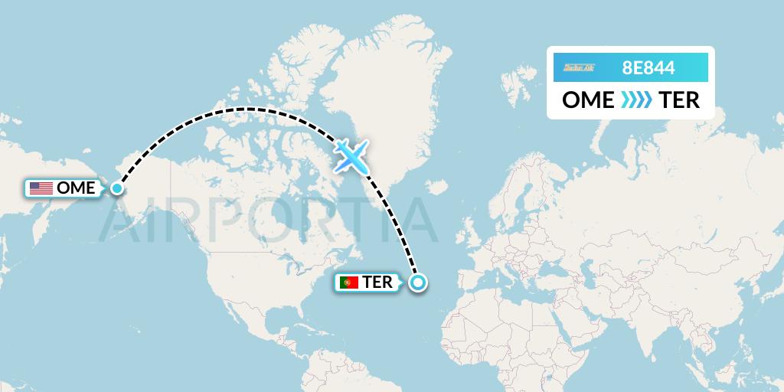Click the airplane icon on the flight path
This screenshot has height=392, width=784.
[351, 156]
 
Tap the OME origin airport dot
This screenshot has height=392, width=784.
[117, 188]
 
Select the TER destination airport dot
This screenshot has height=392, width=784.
[417, 283]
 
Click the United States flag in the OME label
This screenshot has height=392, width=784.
[41, 188]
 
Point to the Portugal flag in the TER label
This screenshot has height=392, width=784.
[349, 283]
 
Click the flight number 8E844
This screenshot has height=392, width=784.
[648, 68]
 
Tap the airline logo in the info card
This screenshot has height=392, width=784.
[579, 68]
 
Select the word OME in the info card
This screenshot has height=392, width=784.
[588, 100]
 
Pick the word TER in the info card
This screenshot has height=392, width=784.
[679, 100]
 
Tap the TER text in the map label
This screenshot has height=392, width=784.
[377, 283]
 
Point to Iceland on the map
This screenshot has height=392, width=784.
[436, 187]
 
